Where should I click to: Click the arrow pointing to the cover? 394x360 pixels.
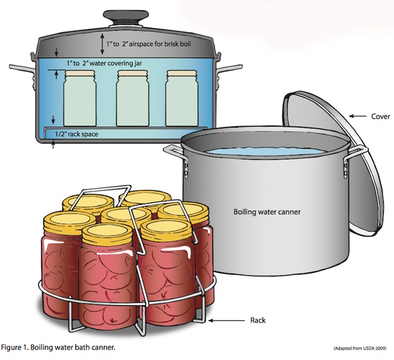click(x=359, y=115)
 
